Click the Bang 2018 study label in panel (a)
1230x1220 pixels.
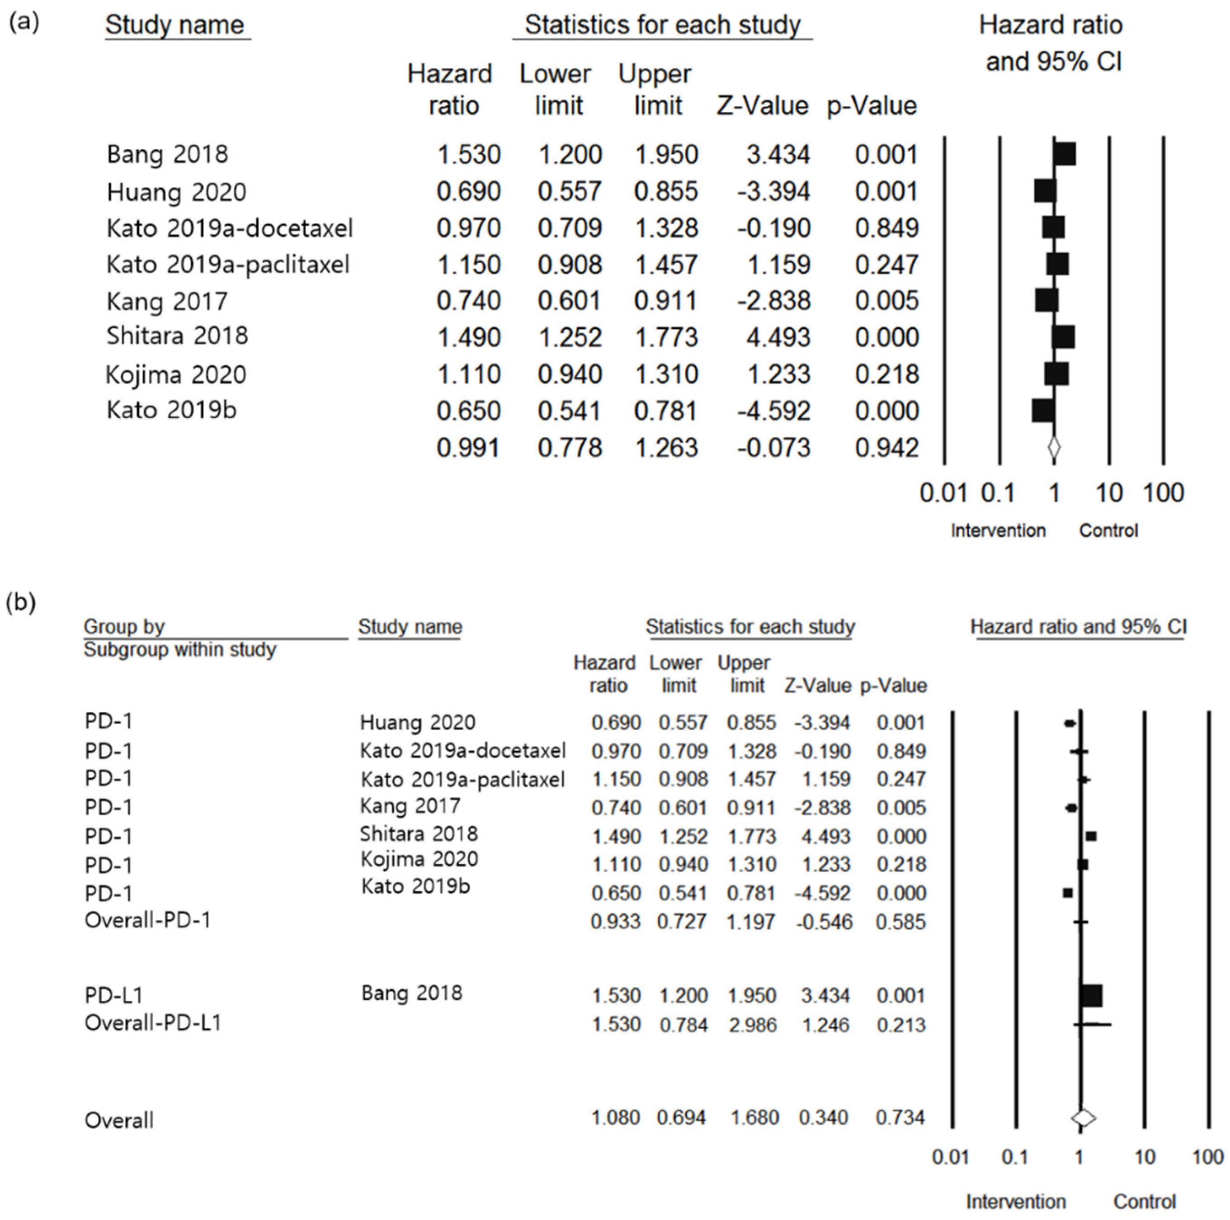(167, 154)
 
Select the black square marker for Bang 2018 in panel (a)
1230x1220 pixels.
(1065, 154)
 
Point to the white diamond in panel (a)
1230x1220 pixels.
(1054, 448)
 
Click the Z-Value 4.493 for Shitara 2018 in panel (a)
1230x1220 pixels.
(778, 337)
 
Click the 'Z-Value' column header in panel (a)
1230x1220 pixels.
(762, 106)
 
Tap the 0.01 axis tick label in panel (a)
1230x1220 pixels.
(943, 493)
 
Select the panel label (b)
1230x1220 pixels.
(20, 602)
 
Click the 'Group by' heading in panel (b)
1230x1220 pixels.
(124, 627)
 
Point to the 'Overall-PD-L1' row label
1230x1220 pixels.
(153, 1022)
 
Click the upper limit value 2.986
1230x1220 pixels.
(753, 1025)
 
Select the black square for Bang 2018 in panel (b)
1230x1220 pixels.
(1091, 995)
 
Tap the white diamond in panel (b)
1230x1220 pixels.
(1083, 1117)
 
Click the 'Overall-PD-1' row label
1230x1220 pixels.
(147, 920)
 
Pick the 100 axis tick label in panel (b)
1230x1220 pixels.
(1207, 1156)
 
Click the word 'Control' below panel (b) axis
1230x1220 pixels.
(1144, 1201)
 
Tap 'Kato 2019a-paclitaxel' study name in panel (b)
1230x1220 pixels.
(462, 780)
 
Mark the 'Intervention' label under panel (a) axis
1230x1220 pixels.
(998, 530)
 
